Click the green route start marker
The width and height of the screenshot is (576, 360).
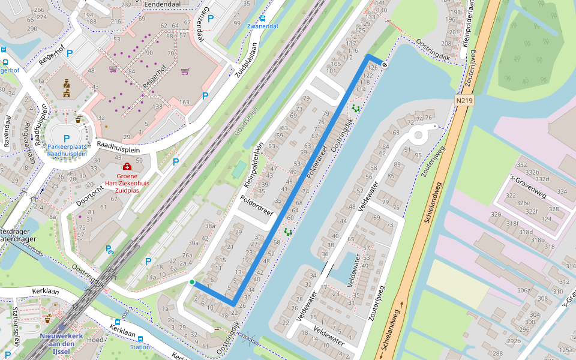coord(192,282)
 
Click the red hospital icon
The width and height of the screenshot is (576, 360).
coord(127,166)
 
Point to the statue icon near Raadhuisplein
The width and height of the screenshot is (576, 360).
coord(67,89)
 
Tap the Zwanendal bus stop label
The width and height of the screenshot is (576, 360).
coord(262,26)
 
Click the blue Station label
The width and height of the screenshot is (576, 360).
coord(140,347)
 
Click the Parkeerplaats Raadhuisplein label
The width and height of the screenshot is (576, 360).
coord(67,150)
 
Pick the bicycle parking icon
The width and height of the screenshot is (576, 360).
coord(109,250)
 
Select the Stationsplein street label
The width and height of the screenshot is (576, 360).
coord(15,327)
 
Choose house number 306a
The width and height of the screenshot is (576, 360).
coord(523,290)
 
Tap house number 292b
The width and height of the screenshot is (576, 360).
coord(514,341)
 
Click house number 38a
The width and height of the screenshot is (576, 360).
coord(210,226)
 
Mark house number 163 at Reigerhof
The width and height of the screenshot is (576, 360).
coord(184,103)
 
